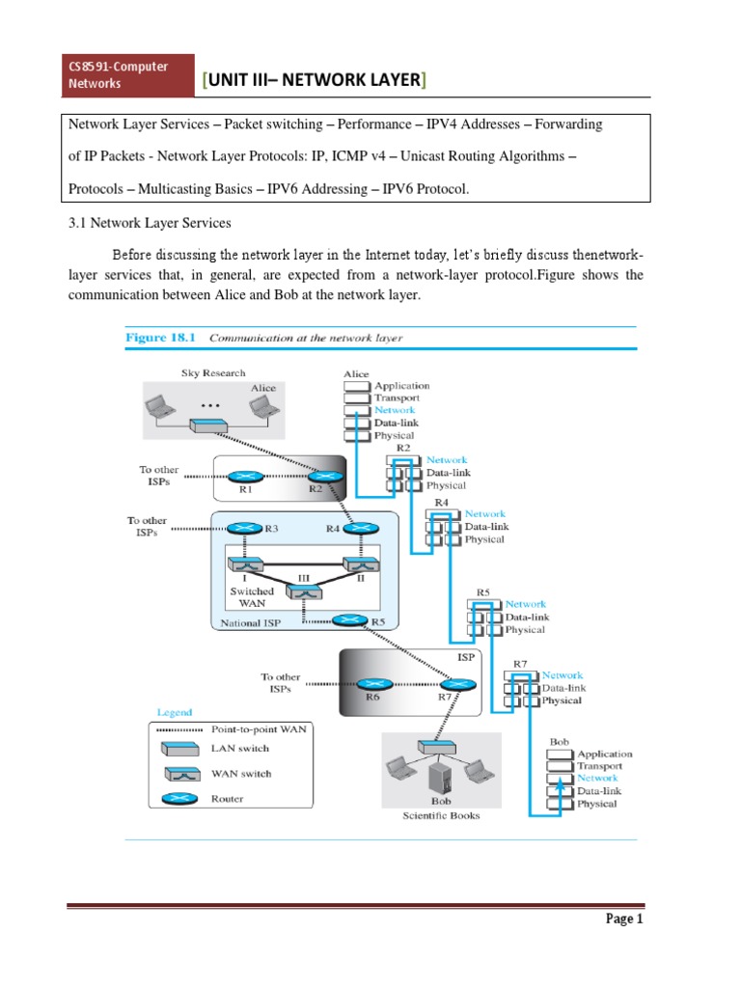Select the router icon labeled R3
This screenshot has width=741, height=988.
click(x=239, y=528)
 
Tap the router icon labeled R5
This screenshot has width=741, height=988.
click(x=346, y=621)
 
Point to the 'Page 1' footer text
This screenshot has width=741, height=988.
click(x=624, y=919)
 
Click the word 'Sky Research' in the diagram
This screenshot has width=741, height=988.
click(x=213, y=372)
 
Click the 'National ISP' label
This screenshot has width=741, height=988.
click(x=250, y=623)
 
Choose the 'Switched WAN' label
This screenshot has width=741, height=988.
click(x=251, y=596)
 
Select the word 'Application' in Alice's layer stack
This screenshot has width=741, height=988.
click(x=401, y=385)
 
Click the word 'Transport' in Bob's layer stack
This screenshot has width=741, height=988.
click(x=601, y=766)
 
